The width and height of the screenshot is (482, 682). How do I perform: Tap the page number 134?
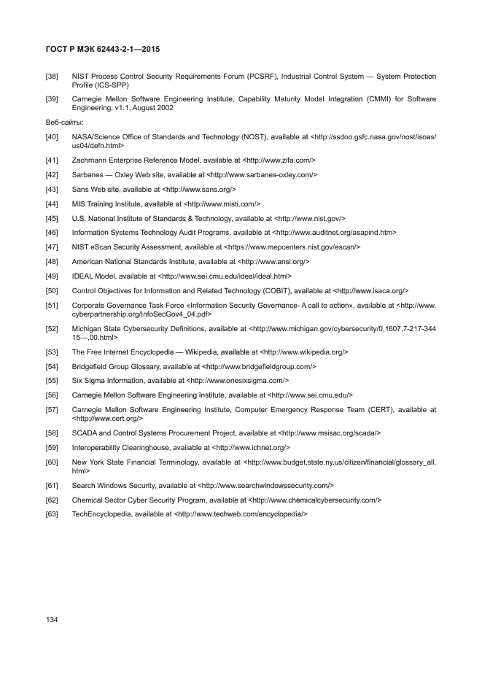52,619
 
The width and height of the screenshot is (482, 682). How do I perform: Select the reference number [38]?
52,76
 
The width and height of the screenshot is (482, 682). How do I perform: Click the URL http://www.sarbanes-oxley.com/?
263,175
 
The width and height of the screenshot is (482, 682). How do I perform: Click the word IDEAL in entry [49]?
82,276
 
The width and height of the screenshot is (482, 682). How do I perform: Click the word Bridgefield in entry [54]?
91,366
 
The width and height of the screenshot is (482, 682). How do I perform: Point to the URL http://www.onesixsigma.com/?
238,380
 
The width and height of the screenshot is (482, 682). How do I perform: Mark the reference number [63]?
52,514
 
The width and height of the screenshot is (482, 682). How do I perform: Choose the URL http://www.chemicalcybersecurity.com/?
315,500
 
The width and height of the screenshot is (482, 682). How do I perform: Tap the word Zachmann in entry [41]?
88,160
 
